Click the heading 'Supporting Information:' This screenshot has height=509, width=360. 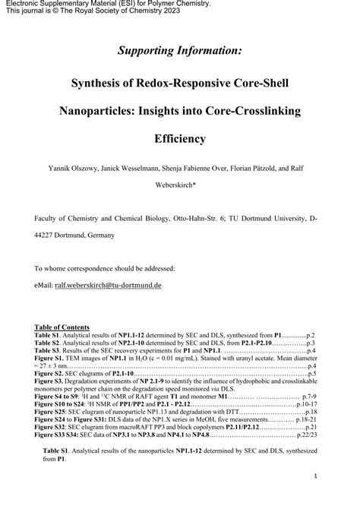click(180, 51)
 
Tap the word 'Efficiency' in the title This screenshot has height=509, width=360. click(180, 139)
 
